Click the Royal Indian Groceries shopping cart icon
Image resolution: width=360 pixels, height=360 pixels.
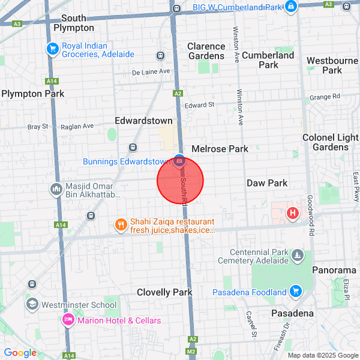tap(52, 49)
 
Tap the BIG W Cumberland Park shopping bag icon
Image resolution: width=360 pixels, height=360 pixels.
tap(290, 7)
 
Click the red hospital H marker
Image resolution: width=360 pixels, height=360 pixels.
tap(293, 212)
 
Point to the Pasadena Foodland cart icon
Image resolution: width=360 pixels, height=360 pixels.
tap(295, 292)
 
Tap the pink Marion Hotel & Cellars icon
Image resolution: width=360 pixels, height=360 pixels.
tap(68, 320)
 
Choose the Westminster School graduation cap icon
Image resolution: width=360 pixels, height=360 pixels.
tap(32, 304)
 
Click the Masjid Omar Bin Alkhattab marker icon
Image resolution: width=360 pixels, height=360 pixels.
tap(56, 189)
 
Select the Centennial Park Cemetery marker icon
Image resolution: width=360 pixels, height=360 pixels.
tap(297, 256)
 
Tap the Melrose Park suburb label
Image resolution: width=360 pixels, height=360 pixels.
tap(220, 148)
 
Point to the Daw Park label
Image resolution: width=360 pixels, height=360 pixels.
tap(267, 183)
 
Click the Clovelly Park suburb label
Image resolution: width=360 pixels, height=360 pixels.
tap(164, 292)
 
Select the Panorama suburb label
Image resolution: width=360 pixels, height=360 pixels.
tap(334, 271)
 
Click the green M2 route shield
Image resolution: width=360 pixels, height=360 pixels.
tap(191, 351)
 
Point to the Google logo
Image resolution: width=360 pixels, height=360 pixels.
tap(20, 353)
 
